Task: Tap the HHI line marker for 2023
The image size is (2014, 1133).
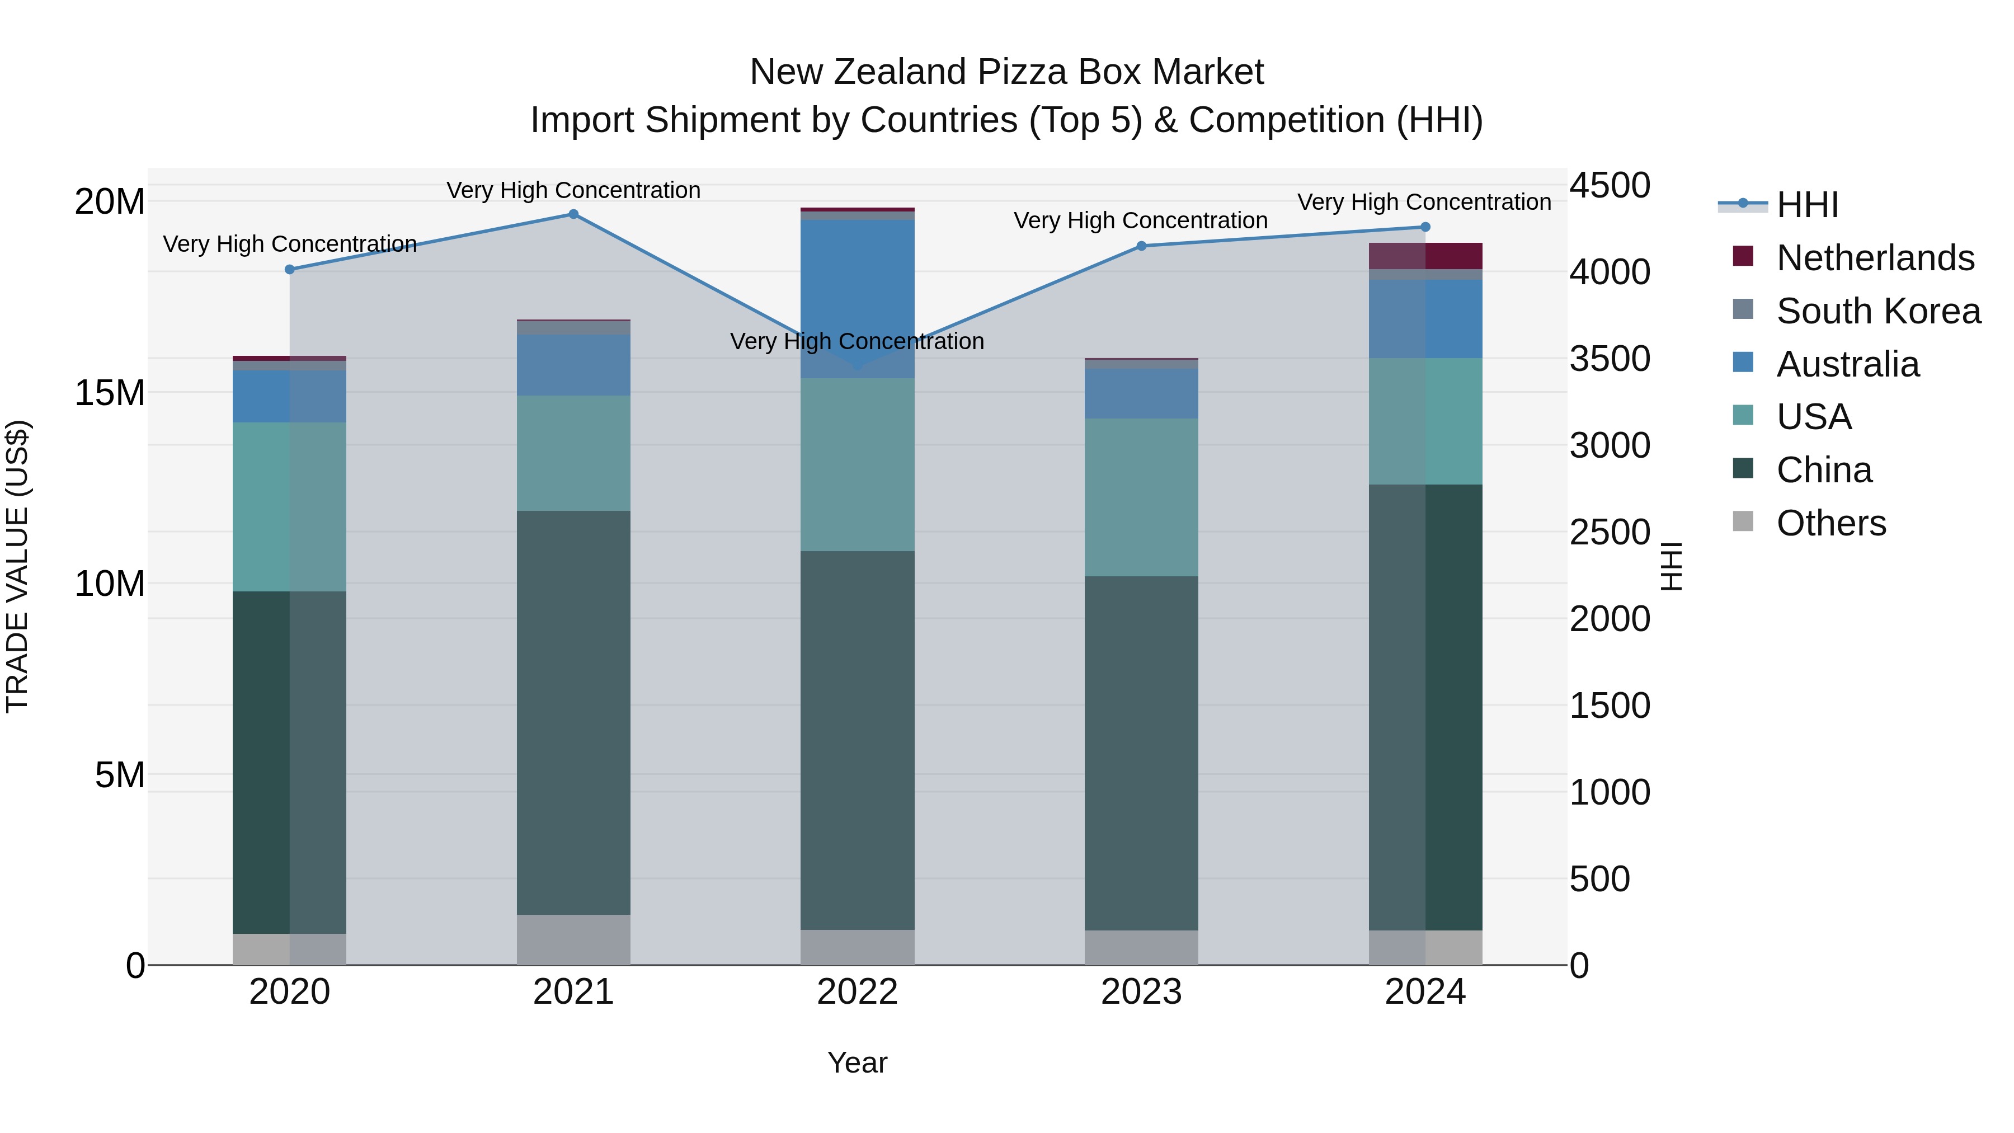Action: [x=1141, y=246]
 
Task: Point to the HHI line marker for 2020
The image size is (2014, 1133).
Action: [x=289, y=270]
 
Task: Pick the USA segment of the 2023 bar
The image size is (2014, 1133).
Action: [x=1141, y=497]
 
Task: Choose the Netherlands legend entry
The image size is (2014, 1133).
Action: [x=1875, y=258]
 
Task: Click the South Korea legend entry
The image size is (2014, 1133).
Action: [x=1878, y=311]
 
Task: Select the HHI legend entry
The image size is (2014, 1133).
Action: [x=1807, y=205]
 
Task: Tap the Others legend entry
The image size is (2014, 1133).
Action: [x=1831, y=523]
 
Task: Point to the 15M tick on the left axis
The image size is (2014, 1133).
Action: [x=110, y=393]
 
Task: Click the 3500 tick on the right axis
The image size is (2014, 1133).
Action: [x=1610, y=359]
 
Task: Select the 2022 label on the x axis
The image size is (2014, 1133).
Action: [x=857, y=992]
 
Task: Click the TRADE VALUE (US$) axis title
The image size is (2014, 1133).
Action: [x=17, y=566]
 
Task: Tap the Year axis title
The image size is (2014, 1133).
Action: [x=857, y=1063]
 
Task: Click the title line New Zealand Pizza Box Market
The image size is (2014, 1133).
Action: [x=1006, y=72]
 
